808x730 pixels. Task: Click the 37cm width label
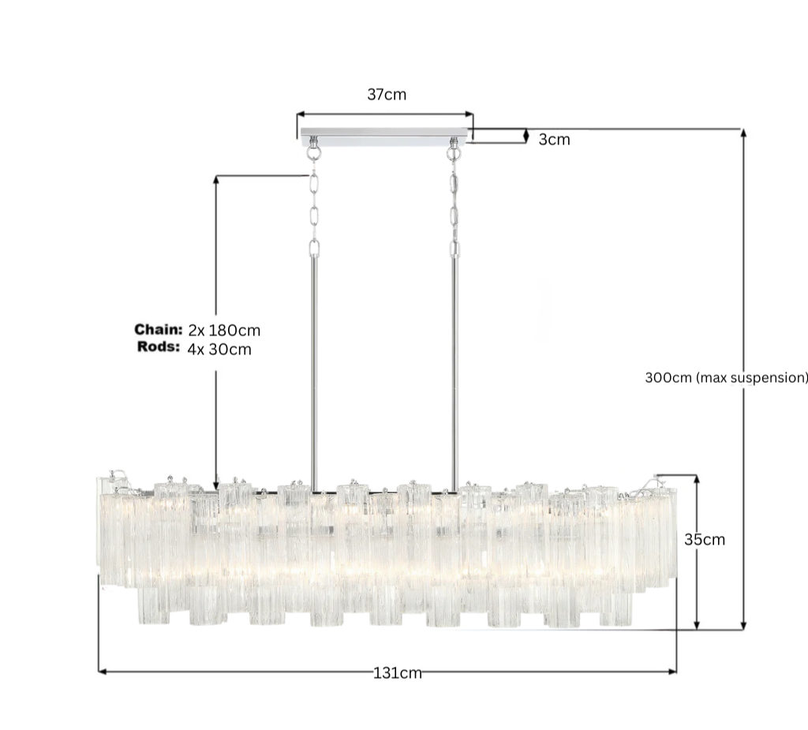coord(387,95)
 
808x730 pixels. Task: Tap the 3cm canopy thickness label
coord(555,140)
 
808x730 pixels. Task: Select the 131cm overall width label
coord(398,673)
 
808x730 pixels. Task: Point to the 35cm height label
coord(705,539)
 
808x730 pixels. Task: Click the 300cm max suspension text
coord(726,378)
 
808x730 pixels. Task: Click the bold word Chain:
coord(159,329)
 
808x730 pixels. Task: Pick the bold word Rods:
coord(159,347)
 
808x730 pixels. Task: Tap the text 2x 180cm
coord(224,331)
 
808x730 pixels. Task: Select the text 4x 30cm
coord(219,350)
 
